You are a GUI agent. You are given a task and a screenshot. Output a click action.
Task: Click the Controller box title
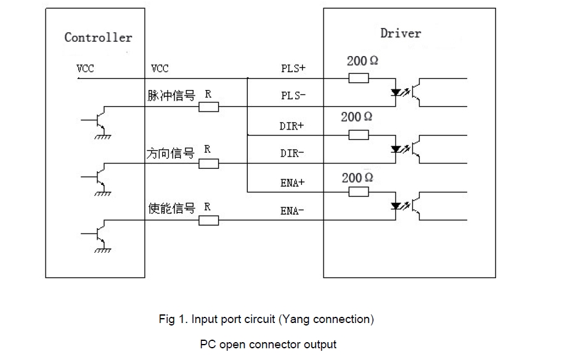98,38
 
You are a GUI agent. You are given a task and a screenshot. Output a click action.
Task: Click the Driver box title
401,33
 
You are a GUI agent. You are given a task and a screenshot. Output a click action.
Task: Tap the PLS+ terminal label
293,68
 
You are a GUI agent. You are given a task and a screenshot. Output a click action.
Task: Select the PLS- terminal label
293,96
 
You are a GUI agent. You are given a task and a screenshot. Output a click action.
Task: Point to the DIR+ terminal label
292,126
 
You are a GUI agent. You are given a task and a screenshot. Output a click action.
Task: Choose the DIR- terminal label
292,153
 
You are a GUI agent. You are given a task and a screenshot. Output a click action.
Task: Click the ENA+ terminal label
293,183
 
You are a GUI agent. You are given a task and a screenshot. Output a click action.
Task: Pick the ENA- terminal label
293,211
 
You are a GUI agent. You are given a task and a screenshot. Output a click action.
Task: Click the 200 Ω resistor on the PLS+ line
359,78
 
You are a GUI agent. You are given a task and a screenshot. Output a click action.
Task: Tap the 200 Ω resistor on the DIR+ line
359,135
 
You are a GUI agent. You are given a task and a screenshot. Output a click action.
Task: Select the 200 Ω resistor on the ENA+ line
359,192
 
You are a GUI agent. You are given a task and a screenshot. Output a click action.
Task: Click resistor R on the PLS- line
209,107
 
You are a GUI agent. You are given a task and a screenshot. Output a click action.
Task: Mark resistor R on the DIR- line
209,163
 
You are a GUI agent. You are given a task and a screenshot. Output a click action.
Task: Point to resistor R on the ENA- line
209,220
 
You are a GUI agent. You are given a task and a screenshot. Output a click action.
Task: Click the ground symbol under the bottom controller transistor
102,249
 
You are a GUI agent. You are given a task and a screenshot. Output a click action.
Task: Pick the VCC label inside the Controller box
86,68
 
